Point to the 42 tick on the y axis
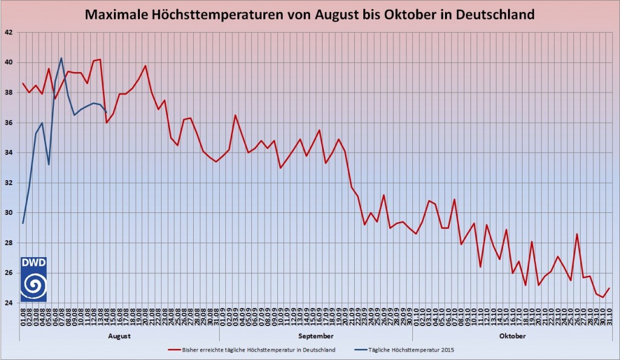(x=10, y=32)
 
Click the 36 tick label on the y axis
(x=10, y=122)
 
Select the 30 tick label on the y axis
(x=10, y=212)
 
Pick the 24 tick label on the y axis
(x=10, y=303)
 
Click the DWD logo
(x=33, y=279)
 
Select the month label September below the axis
(x=315, y=336)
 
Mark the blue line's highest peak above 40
(x=61, y=58)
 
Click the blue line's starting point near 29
(x=23, y=223)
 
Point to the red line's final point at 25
(x=609, y=288)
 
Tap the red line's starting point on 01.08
(x=23, y=83)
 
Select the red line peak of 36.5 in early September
(x=236, y=115)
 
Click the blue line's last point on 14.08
(x=107, y=112)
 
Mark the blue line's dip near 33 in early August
(x=48, y=165)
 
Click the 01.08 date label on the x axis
(x=23, y=316)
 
